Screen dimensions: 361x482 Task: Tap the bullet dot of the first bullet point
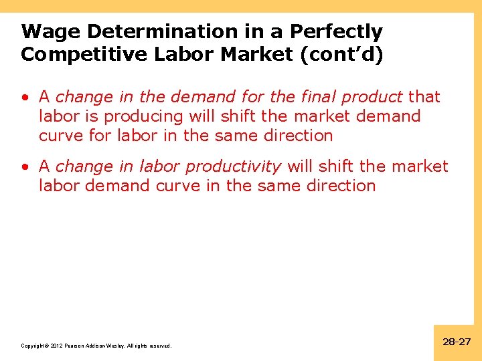(x=24, y=97)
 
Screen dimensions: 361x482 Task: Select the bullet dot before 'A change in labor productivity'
(x=24, y=166)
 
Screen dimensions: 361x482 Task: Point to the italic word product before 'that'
(x=372, y=97)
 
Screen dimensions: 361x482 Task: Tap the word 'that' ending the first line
(x=424, y=97)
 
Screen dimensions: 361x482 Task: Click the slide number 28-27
(x=457, y=342)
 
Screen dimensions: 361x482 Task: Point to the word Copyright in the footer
(x=33, y=346)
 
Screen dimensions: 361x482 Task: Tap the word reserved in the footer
(x=159, y=346)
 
